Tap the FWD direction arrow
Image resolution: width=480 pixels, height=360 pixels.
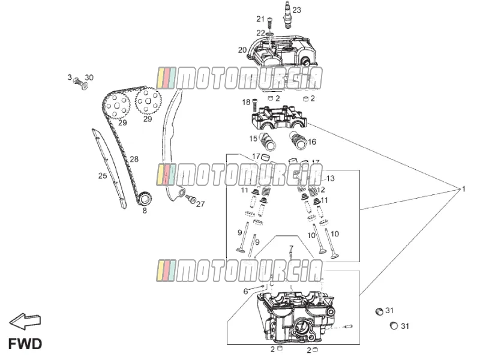(x=25, y=322)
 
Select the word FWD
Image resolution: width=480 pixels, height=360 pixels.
(x=25, y=344)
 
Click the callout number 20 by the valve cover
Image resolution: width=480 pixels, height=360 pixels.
(x=242, y=50)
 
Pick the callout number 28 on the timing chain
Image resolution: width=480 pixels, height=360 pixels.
(x=134, y=159)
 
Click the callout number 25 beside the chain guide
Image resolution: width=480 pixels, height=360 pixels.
(x=103, y=176)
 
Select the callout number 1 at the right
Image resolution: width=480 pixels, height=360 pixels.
(x=463, y=189)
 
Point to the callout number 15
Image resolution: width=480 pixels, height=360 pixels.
(x=253, y=139)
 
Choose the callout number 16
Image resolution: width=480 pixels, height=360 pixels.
(x=311, y=142)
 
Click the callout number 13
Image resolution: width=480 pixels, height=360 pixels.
(x=331, y=178)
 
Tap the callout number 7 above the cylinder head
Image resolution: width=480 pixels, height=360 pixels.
(x=291, y=248)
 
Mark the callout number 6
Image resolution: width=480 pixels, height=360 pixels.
(x=245, y=291)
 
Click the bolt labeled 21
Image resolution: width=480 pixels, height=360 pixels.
(x=269, y=23)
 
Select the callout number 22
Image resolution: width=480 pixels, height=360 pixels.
(x=260, y=33)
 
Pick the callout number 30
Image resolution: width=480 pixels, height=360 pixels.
(x=89, y=77)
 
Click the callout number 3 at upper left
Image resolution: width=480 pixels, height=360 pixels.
(x=70, y=77)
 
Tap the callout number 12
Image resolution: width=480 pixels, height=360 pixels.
(x=321, y=190)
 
